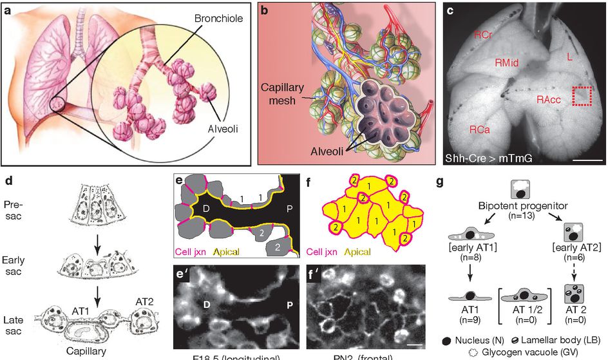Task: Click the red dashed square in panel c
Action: click(x=582, y=97)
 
